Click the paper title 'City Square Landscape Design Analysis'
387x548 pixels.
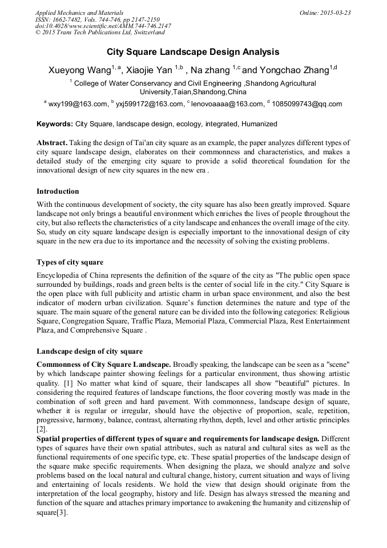pos(193,52)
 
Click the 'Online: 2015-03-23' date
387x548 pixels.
pos(325,13)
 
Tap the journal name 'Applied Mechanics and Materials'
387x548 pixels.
pos(79,13)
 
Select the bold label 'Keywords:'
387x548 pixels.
pos(55,123)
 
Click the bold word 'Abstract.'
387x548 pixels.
pos(52,142)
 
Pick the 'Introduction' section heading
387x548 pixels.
pos(58,191)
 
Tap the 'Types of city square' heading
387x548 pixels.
pos(70,262)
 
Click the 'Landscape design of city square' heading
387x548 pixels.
pos(90,351)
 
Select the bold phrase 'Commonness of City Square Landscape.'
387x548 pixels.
pos(103,364)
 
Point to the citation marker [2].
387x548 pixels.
pos(42,429)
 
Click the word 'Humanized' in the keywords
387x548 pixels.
pos(259,123)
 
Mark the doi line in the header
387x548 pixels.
pos(103,26)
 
